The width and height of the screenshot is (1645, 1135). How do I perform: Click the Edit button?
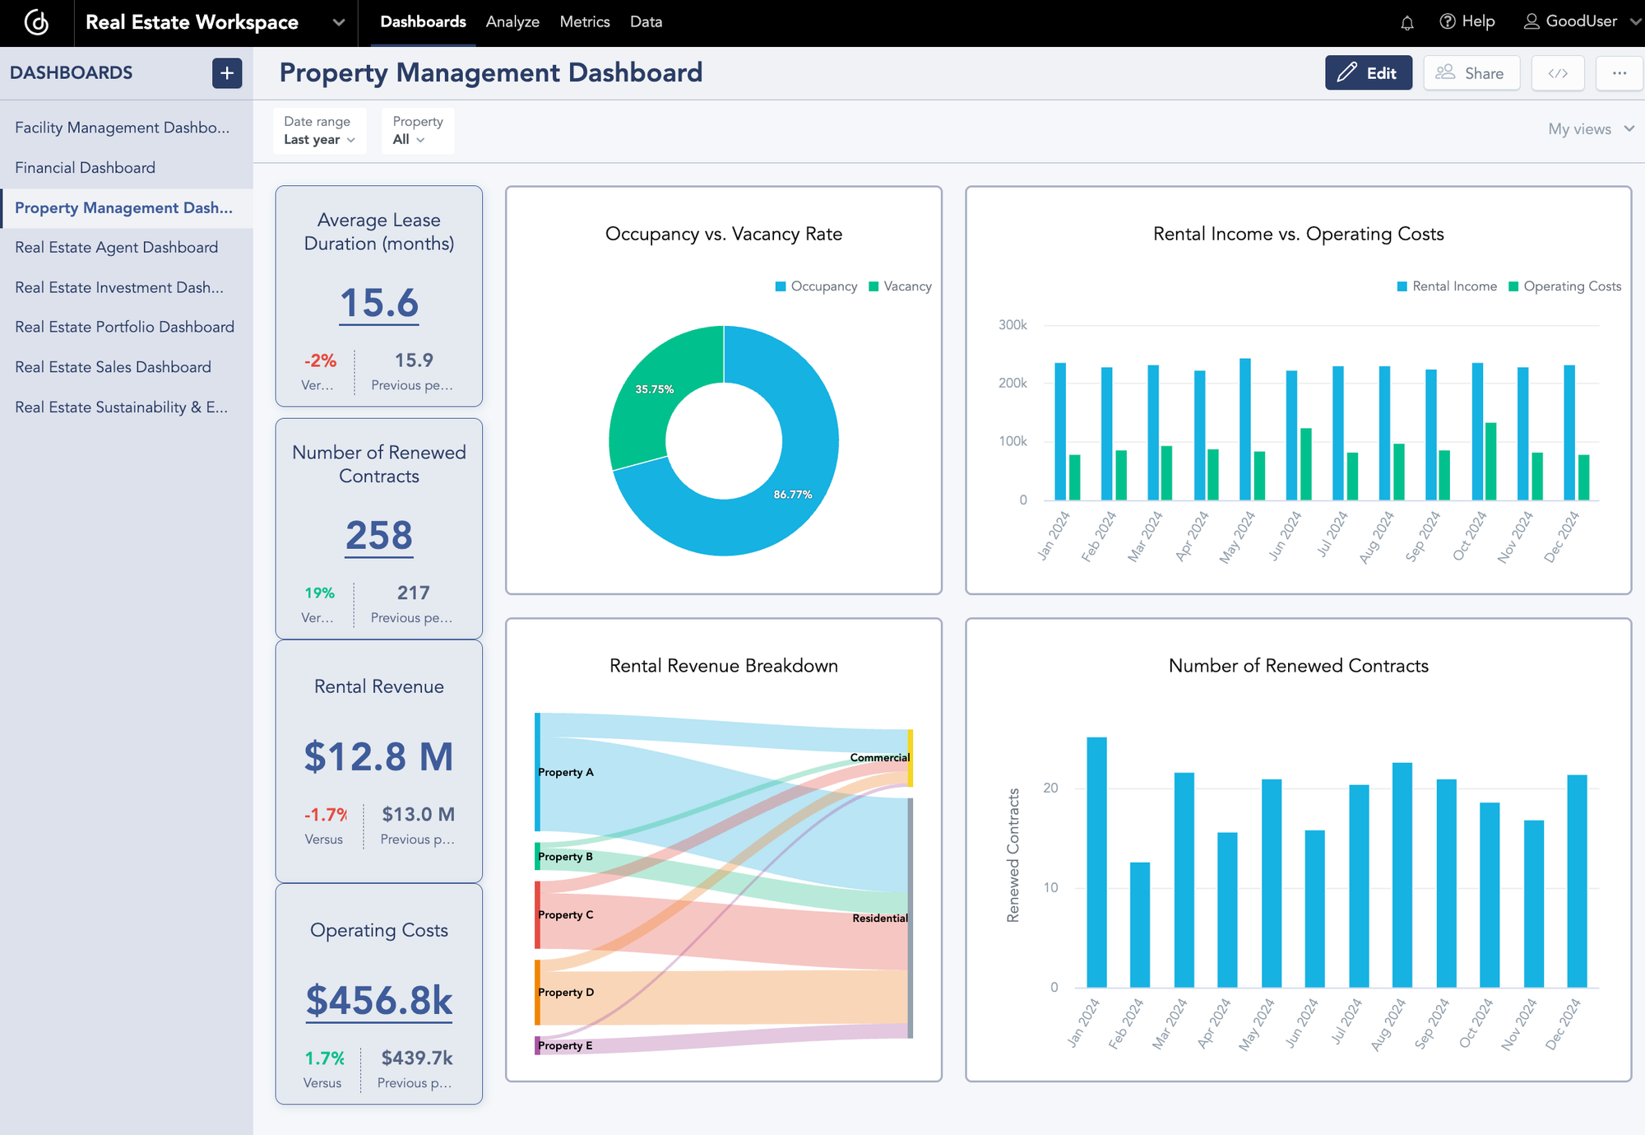tap(1368, 73)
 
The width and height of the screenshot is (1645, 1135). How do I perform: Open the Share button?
tap(1471, 73)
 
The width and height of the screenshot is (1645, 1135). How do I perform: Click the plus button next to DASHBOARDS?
tap(227, 73)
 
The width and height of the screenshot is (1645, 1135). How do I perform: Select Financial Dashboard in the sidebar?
tap(85, 168)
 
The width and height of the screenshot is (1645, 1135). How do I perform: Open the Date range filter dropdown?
tap(319, 131)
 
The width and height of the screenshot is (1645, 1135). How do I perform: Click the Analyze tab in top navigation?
tap(512, 22)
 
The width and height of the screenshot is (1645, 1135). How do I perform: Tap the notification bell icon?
tap(1406, 23)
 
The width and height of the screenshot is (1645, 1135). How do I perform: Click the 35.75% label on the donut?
tap(654, 389)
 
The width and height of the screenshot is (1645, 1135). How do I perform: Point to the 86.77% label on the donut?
tap(792, 495)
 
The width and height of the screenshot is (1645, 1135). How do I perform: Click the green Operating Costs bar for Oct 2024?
tap(1490, 462)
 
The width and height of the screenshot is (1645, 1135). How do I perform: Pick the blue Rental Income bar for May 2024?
tap(1245, 429)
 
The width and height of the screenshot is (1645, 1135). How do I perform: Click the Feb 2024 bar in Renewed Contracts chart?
tap(1140, 925)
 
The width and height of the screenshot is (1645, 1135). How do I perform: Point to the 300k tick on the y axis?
tap(1012, 325)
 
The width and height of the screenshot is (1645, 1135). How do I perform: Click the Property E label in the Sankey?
tap(565, 1046)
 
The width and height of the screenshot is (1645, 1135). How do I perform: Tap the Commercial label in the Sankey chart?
tap(879, 757)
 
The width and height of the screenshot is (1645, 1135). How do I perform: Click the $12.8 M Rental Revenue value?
tap(378, 756)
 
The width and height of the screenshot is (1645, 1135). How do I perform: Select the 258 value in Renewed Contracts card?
tap(378, 536)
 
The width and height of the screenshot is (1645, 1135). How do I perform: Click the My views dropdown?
tap(1590, 129)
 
